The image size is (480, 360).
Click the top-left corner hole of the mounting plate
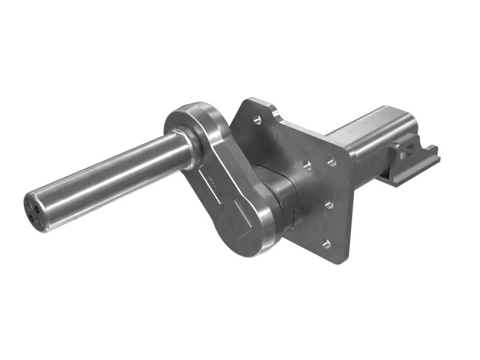(x=257, y=120)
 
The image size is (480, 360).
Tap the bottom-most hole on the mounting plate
(x=326, y=244)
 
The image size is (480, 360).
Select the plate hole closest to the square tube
(x=331, y=160)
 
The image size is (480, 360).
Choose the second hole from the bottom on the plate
(x=329, y=205)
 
